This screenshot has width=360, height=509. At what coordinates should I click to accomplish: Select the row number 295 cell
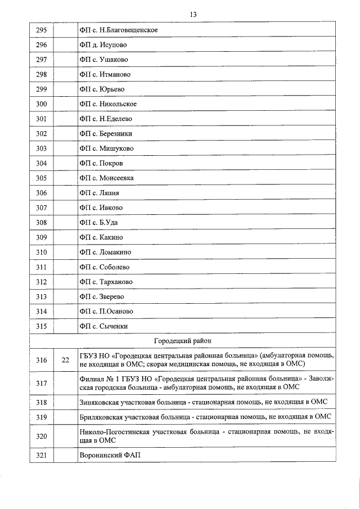pyautogui.click(x=41, y=30)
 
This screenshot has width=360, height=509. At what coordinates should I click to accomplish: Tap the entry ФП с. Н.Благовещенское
pyautogui.click(x=118, y=30)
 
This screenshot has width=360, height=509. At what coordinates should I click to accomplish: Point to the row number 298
pyautogui.click(x=41, y=74)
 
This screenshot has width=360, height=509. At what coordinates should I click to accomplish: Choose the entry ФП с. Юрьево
pyautogui.click(x=102, y=89)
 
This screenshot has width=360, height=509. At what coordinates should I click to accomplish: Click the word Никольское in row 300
pyautogui.click(x=118, y=104)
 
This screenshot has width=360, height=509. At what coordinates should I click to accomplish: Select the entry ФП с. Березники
pyautogui.click(x=106, y=133)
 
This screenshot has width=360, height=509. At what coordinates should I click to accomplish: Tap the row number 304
pyautogui.click(x=41, y=163)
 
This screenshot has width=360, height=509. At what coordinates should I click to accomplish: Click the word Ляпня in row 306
pyautogui.click(x=110, y=193)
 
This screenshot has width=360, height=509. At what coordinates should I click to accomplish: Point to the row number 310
pyautogui.click(x=41, y=252)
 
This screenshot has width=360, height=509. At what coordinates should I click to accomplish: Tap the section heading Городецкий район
pyautogui.click(x=183, y=341)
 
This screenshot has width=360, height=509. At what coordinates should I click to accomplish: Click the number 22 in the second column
pyautogui.click(x=65, y=361)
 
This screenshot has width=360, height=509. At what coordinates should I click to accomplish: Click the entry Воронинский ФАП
pyautogui.click(x=107, y=454)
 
